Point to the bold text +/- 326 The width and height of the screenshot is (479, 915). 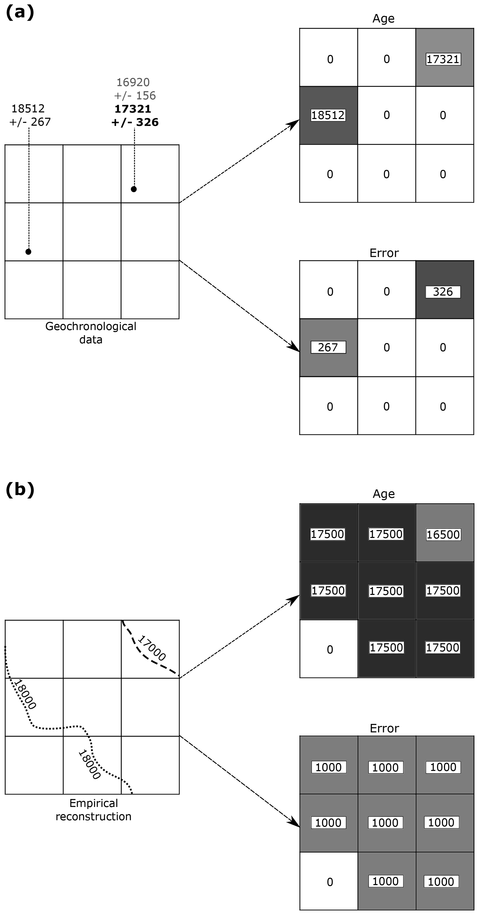(x=135, y=122)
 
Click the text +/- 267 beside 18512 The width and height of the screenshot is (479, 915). (x=30, y=122)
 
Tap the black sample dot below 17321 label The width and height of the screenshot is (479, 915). (x=134, y=189)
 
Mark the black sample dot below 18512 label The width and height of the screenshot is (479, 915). (x=29, y=252)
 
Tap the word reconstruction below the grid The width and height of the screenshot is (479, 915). (x=93, y=816)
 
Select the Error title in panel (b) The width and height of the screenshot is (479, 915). (x=384, y=728)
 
